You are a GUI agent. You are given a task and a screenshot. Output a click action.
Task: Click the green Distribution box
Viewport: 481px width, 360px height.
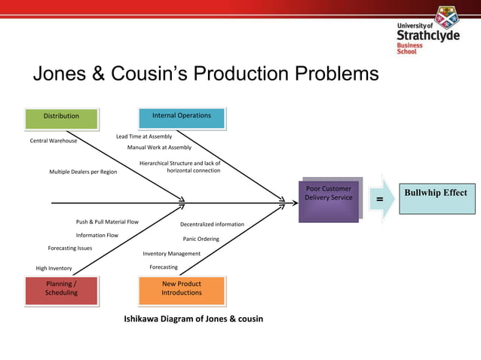click(61, 117)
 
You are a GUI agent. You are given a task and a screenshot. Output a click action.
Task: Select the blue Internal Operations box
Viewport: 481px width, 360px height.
click(181, 116)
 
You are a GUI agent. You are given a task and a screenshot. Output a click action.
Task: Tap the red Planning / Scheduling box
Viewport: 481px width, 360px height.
click(61, 288)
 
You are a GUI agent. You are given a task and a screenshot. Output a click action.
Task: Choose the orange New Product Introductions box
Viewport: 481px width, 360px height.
click(181, 288)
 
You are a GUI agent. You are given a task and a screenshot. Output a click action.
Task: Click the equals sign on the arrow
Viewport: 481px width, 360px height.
click(379, 200)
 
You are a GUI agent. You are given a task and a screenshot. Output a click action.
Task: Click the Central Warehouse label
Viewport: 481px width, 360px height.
click(53, 141)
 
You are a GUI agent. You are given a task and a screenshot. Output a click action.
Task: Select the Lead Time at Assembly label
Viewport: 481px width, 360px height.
click(143, 136)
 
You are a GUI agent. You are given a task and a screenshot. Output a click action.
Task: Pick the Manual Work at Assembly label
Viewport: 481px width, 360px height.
click(159, 148)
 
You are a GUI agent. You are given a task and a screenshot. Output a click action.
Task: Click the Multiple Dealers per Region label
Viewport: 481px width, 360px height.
click(83, 172)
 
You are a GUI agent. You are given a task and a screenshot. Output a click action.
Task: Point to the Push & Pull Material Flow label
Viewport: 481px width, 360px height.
click(107, 222)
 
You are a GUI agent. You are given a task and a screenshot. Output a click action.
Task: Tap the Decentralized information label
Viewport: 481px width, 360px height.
click(212, 224)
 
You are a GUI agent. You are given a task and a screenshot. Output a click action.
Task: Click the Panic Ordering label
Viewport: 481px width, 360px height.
click(201, 239)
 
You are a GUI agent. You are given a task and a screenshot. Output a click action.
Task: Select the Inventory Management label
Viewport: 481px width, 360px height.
click(172, 254)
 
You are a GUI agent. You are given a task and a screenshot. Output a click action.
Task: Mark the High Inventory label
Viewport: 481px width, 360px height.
click(54, 268)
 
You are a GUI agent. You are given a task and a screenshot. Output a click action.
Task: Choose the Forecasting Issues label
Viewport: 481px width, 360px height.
click(70, 248)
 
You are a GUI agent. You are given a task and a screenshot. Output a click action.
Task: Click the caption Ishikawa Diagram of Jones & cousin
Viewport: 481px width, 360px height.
click(193, 319)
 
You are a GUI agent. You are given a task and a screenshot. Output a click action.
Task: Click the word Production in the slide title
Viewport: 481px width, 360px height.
click(225, 74)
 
